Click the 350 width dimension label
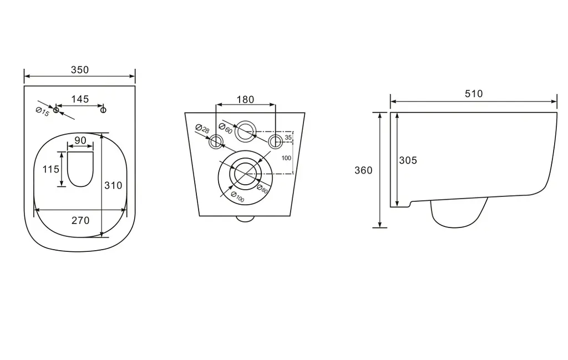[80, 70]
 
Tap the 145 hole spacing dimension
[80, 99]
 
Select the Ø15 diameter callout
[42, 112]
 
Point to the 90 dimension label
[80, 140]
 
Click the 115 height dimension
[50, 169]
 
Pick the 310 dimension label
[113, 185]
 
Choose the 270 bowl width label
[80, 221]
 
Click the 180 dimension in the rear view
[245, 100]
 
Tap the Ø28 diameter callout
[202, 129]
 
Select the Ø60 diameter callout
[225, 128]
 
